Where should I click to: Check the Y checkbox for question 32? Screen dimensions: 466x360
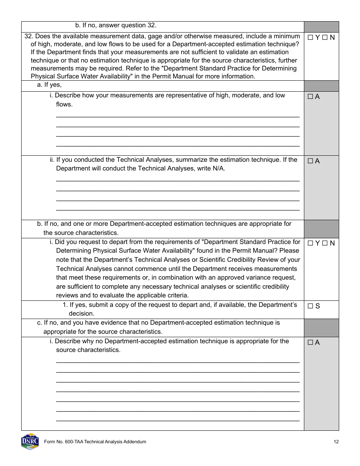[310, 38]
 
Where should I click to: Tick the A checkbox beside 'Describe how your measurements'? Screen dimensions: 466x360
[310, 97]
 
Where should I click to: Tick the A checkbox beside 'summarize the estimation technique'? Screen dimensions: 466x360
[310, 161]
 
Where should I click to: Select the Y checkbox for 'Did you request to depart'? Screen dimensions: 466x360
[310, 243]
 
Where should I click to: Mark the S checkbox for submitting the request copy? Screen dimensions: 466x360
[310, 306]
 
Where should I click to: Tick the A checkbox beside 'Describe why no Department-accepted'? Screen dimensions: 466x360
[310, 342]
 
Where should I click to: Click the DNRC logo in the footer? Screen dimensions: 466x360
[30, 441]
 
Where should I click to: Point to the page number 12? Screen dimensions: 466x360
[336, 442]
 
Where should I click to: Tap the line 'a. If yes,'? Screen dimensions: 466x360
[49, 85]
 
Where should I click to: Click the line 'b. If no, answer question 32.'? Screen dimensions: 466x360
[116, 25]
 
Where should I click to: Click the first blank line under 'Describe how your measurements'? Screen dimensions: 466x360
[178, 116]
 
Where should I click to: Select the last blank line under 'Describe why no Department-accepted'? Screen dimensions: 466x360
[178, 420]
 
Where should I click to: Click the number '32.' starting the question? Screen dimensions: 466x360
[29, 36]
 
